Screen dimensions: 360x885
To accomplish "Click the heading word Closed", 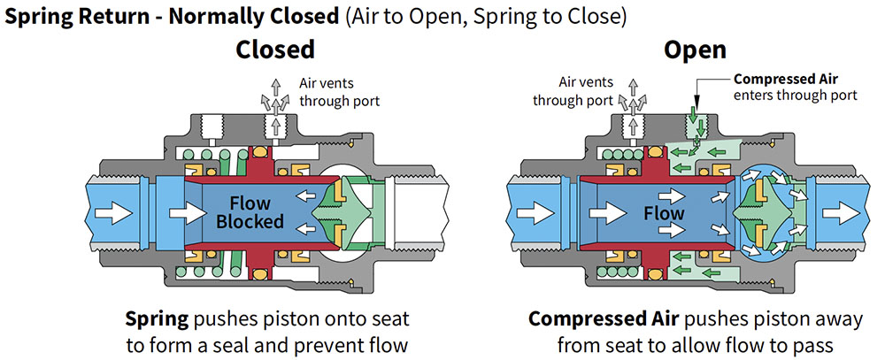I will click(x=275, y=50).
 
